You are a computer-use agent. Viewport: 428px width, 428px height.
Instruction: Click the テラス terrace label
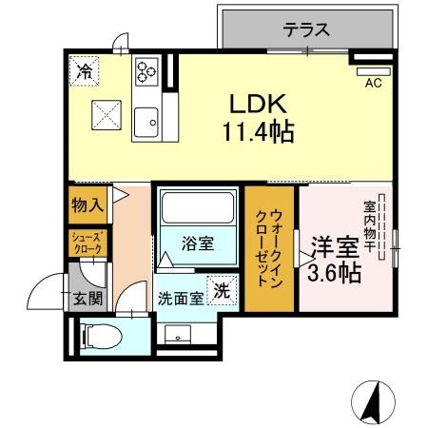306,29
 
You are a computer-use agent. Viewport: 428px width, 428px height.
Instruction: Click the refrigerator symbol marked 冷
84,69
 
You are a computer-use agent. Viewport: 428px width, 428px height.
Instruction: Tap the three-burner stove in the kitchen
147,71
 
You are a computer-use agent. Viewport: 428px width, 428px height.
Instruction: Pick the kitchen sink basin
146,122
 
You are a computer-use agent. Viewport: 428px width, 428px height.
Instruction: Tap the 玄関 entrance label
87,299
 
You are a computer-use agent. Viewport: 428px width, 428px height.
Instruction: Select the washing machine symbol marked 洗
221,292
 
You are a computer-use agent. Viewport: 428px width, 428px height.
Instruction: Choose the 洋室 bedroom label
337,246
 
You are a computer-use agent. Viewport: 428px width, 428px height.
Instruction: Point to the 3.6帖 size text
334,274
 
